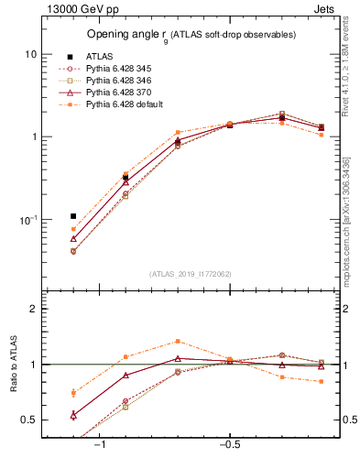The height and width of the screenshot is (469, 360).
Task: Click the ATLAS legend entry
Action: coord(99,56)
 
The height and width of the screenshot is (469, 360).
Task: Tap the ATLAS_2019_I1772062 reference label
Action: coord(190,272)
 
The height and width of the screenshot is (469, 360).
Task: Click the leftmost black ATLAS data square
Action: coord(73,216)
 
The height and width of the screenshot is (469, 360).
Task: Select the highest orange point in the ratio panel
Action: coord(178,341)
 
